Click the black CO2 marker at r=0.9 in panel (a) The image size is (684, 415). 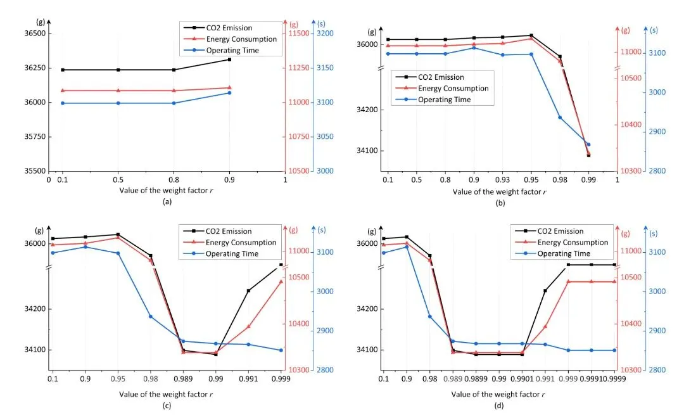(x=229, y=60)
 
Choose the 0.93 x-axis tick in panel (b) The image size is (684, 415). (x=502, y=180)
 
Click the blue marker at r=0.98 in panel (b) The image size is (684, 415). (x=560, y=117)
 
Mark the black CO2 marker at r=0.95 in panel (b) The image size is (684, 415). (x=531, y=35)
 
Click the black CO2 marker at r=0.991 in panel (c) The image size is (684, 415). (x=248, y=291)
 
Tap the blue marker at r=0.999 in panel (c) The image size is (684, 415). (x=281, y=350)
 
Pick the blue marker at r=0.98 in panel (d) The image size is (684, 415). (x=430, y=316)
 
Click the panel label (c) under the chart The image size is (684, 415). (x=167, y=405)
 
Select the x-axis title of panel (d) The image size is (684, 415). (x=498, y=393)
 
